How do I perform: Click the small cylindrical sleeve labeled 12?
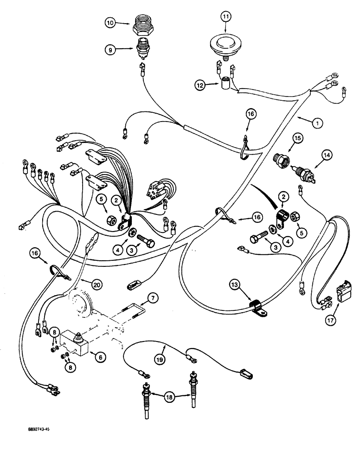point(226,85)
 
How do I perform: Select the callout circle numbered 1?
point(317,123)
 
